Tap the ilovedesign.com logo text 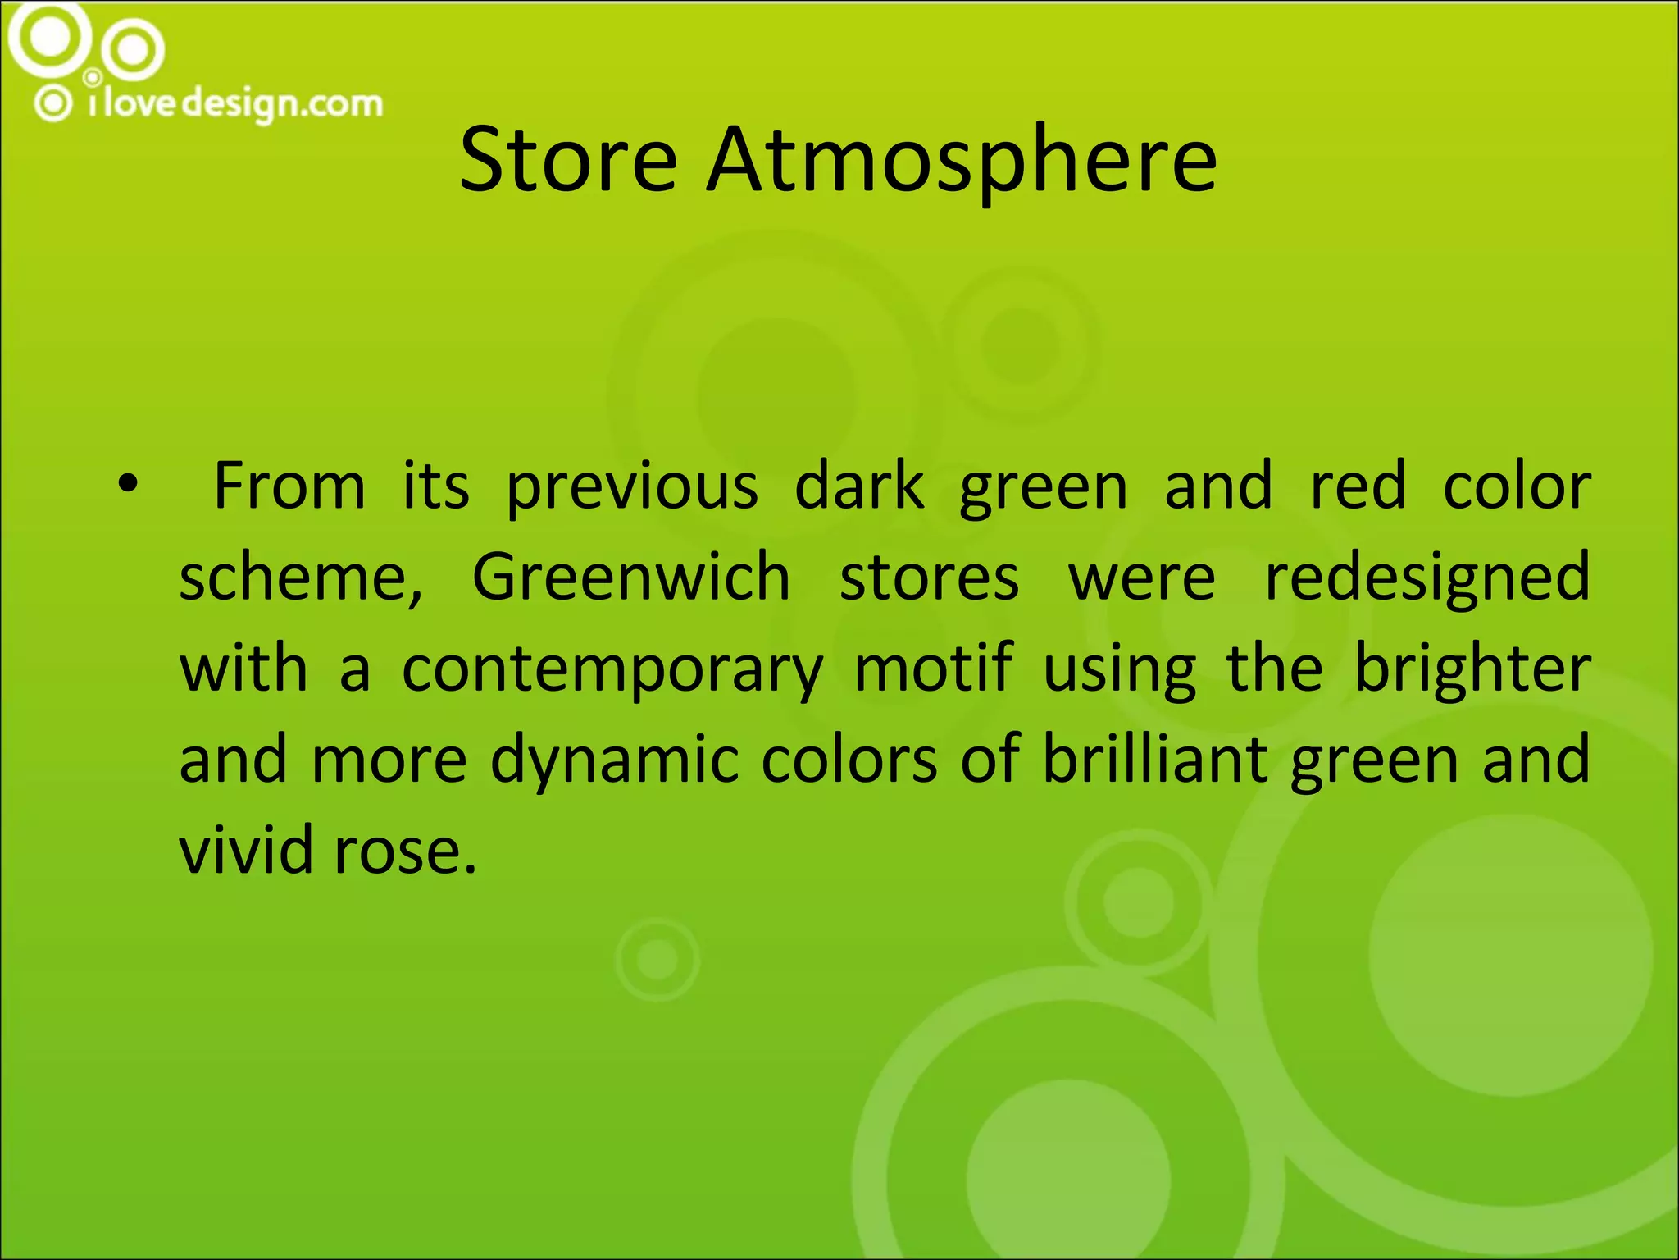coord(235,104)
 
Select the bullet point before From coord(126,485)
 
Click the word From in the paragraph coord(289,486)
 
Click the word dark coord(859,486)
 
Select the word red coord(1358,486)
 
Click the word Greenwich coord(630,577)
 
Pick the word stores coord(929,577)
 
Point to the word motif coord(933,668)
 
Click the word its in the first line coord(435,486)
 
